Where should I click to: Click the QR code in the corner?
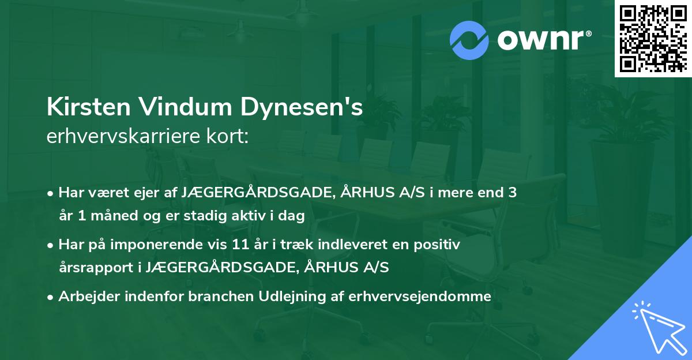pyautogui.click(x=653, y=38)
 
